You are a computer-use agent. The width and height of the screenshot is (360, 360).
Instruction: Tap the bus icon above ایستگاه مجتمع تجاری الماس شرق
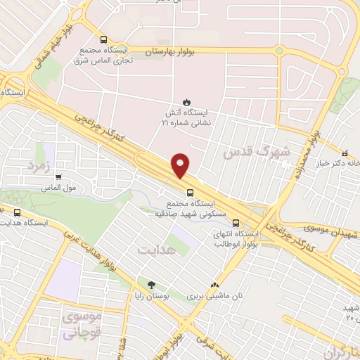pyautogui.click(x=104, y=39)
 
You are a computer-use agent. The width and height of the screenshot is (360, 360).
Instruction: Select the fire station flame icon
pyautogui.click(x=187, y=101)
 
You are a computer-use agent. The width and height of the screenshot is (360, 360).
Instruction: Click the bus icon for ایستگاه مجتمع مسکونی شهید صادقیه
pyautogui.click(x=190, y=191)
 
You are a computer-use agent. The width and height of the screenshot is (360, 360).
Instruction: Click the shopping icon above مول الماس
pyautogui.click(x=58, y=178)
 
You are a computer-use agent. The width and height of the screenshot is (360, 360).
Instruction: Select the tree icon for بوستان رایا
pyautogui.click(x=151, y=285)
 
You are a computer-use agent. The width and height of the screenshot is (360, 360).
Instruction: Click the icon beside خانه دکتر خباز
pyautogui.click(x=344, y=153)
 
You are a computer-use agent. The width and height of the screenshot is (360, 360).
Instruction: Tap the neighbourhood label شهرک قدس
pyautogui.click(x=246, y=151)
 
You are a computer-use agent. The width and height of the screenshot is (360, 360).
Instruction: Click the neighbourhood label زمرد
pyautogui.click(x=40, y=165)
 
